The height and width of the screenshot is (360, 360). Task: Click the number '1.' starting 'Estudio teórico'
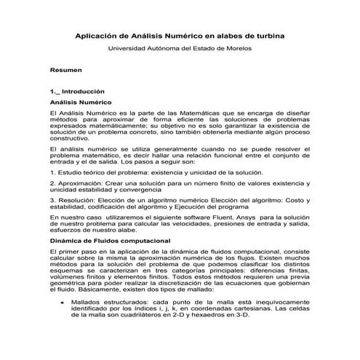pyautogui.click(x=52, y=172)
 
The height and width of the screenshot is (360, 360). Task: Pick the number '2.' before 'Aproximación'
pyautogui.click(x=52, y=185)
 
